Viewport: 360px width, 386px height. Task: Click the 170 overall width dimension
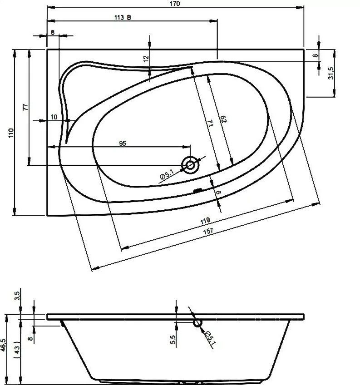point(175,4)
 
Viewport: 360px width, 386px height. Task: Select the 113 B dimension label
point(123,17)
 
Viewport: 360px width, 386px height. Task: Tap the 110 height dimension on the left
point(11,133)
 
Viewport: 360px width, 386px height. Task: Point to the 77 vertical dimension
point(25,107)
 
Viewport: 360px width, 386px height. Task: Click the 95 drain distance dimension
point(123,143)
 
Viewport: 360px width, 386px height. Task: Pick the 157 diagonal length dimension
point(208,232)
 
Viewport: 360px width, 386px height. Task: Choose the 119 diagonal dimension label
point(205,221)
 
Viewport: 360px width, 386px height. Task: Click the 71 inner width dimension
point(210,123)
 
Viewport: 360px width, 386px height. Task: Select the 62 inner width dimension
point(223,119)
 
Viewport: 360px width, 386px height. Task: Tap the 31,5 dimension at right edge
point(331,73)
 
